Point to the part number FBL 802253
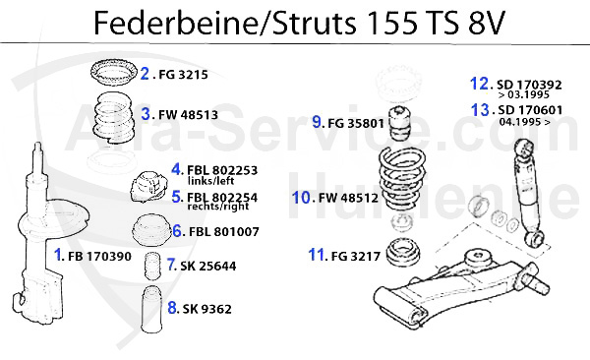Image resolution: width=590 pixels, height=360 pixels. coord(222,169)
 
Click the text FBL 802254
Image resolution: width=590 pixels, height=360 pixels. coord(222,197)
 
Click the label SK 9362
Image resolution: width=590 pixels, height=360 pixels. coord(206,308)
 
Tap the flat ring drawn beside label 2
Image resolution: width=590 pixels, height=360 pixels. coord(111,72)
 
